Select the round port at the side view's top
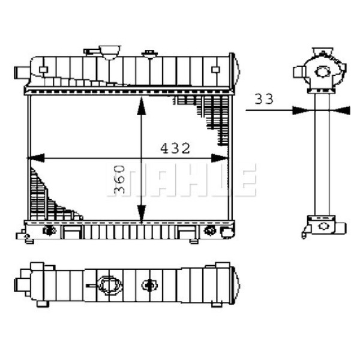(323, 72)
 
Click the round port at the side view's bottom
(325, 227)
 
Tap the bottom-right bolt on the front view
(210, 230)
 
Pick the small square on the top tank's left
(43, 70)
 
